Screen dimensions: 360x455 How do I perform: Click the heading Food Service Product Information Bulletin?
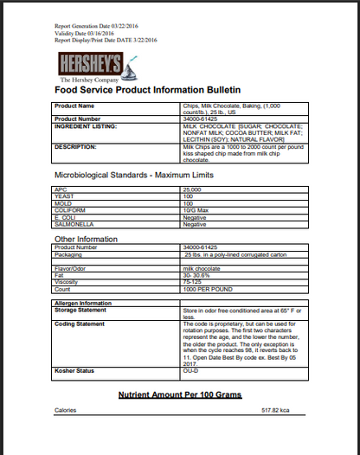pyautogui.click(x=147, y=89)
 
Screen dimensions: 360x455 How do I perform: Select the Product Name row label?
pyautogui.click(x=74, y=106)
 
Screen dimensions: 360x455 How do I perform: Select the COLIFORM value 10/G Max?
pyautogui.click(x=196, y=208)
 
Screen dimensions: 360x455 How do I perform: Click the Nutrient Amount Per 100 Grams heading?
pyautogui.click(x=179, y=394)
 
